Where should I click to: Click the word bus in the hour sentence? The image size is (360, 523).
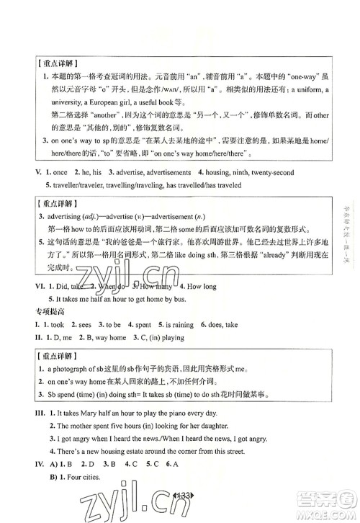click(x=189, y=318)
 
